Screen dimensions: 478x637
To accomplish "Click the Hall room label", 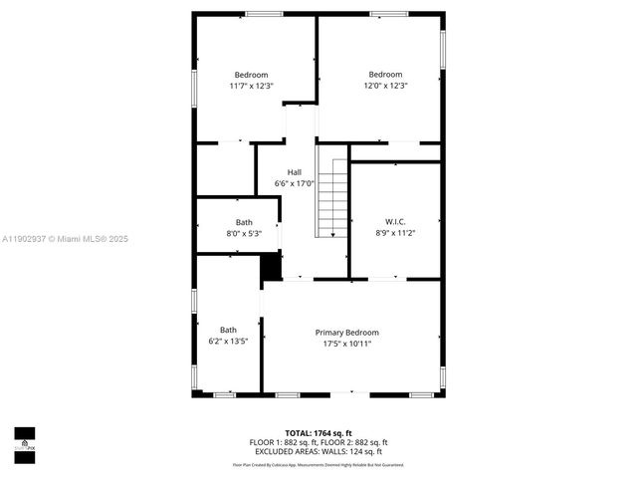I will (295, 171).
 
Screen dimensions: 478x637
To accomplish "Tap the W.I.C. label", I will (395, 221).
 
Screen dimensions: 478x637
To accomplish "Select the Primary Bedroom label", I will (346, 333).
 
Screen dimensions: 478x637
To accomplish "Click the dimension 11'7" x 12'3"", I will (251, 87).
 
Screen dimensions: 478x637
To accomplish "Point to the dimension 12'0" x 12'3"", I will (385, 87).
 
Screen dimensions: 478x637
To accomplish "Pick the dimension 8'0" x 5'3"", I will (244, 234).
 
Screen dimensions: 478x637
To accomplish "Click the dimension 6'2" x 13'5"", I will (228, 342).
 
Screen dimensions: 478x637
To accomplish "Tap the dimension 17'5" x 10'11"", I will (346, 345).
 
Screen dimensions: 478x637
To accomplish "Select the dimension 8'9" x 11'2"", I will (395, 233).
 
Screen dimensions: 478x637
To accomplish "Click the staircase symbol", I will (333, 197).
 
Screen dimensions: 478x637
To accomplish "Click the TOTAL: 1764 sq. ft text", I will (318, 433).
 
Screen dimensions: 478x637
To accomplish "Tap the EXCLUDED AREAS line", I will (318, 451).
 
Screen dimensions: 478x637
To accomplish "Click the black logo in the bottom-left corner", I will (24, 439).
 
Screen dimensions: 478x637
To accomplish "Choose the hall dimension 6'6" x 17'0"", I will (295, 183).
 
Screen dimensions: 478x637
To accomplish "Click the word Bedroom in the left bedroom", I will (251, 75).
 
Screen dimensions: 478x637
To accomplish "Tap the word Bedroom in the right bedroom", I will (385, 75).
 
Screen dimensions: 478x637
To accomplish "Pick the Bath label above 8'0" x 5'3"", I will (244, 222).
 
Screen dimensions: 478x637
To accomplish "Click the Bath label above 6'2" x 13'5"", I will (228, 330).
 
